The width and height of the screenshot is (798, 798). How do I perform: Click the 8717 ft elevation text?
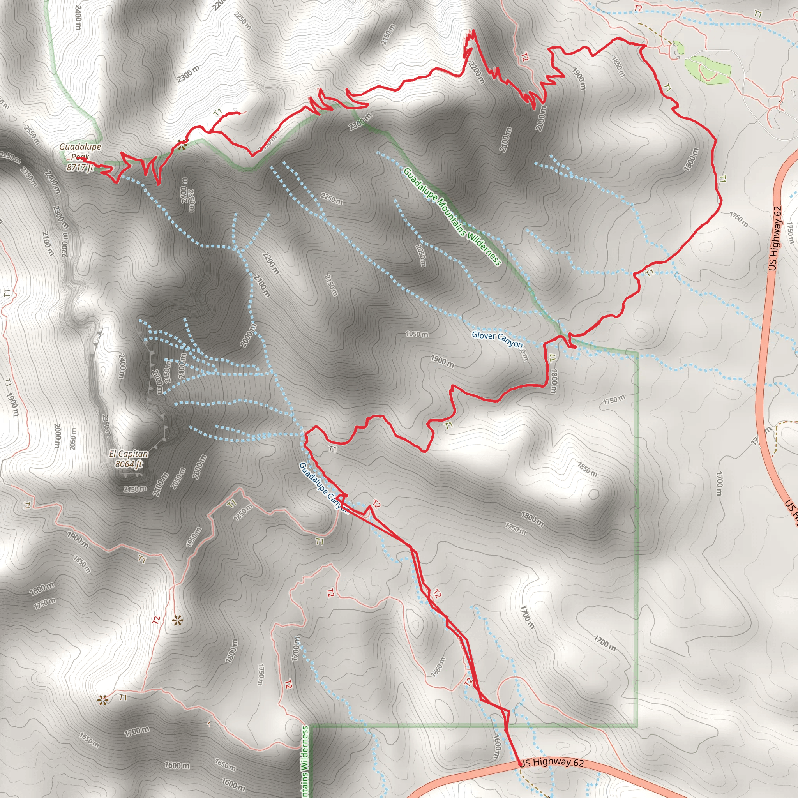tap(80, 167)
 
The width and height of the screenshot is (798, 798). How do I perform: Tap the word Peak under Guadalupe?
tap(80, 157)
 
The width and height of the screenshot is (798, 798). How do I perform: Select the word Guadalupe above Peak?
tap(80, 147)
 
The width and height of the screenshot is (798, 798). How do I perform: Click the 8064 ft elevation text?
tap(129, 464)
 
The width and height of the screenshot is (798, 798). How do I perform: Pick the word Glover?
tap(483, 335)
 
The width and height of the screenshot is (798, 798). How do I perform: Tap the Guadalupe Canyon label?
tap(324, 488)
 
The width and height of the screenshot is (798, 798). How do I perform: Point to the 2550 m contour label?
tap(32, 135)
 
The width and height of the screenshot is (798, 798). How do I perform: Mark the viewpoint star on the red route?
tap(182, 144)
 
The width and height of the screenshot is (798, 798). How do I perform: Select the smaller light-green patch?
tap(678, 48)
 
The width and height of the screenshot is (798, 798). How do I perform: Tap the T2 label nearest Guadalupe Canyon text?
tap(376, 503)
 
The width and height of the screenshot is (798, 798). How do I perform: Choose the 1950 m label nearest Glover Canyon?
tap(417, 334)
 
